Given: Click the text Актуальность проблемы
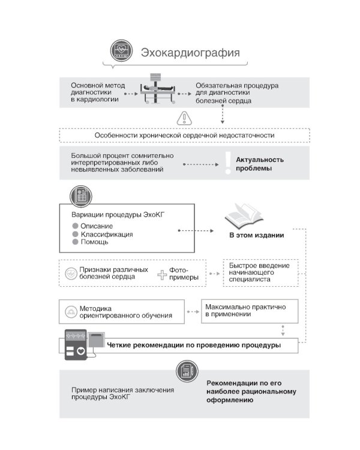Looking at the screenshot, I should (x=260, y=164).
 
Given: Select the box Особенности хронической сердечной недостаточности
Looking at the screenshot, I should (x=184, y=135).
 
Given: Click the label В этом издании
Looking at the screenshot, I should (x=257, y=235).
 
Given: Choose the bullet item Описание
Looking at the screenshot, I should (x=96, y=225).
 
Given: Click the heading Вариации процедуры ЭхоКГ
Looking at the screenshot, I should (x=114, y=214).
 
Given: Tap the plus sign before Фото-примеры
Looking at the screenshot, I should (x=162, y=275).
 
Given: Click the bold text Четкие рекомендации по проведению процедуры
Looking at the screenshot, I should (x=193, y=346).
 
